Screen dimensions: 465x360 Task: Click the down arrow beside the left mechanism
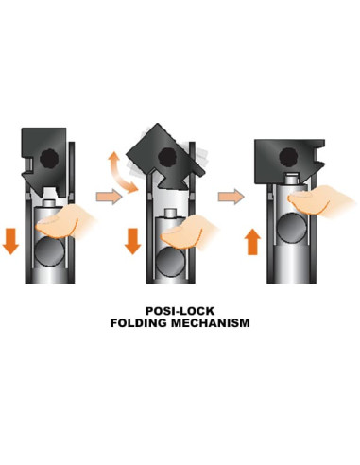pyautogui.click(x=10, y=240)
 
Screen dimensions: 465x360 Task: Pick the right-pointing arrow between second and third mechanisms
pyautogui.click(x=227, y=197)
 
